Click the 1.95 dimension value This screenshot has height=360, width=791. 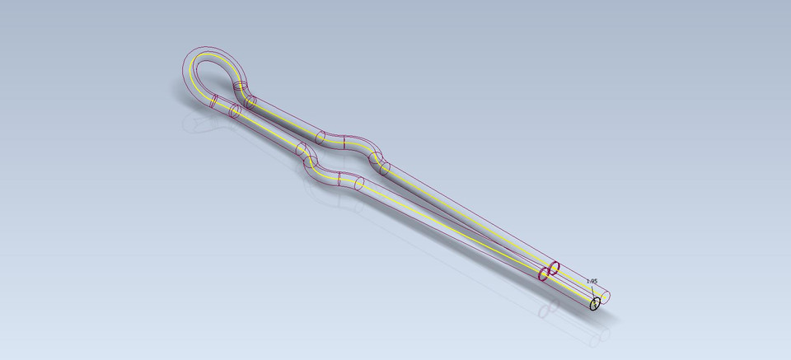coord(592,281)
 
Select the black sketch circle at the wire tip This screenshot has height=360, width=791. coord(595,304)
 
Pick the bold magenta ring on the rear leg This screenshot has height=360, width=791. coord(555,267)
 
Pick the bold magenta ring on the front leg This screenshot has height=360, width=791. coord(544,274)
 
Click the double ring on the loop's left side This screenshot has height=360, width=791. coord(213,101)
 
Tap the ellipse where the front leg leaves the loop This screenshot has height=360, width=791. coord(234,110)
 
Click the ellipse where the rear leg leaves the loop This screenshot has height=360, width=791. coord(251,101)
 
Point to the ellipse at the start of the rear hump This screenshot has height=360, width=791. coord(321,138)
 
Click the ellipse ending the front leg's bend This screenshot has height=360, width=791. coord(359,183)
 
